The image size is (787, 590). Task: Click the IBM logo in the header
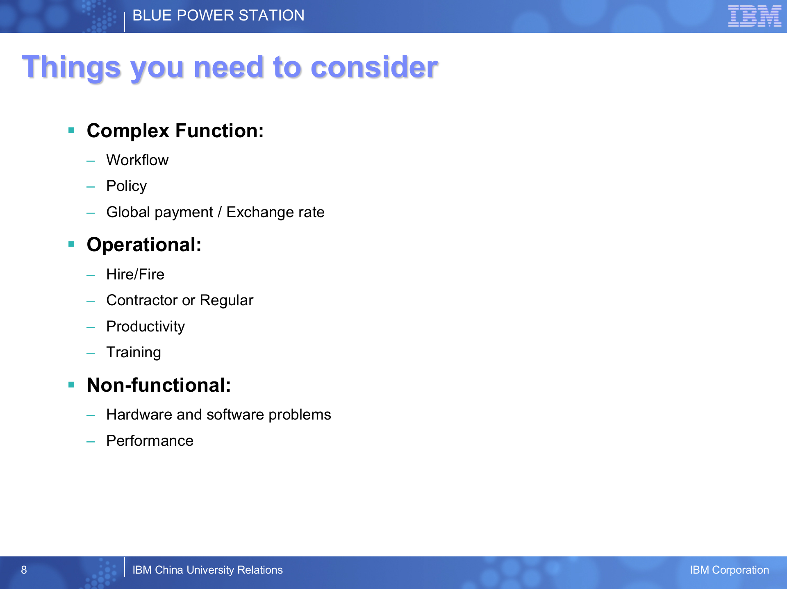tap(755, 16)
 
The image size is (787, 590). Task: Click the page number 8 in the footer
tap(24, 570)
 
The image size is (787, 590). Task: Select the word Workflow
tap(137, 160)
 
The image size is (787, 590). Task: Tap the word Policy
tap(126, 186)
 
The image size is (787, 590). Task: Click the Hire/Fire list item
tap(135, 275)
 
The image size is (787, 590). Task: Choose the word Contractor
tap(142, 300)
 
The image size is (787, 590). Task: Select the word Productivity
tap(146, 327)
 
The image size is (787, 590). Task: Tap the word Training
tap(134, 353)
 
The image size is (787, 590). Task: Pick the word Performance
tap(150, 441)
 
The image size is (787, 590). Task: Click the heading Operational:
tap(144, 245)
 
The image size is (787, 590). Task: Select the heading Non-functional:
tap(159, 386)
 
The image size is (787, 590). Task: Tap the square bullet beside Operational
tap(71, 244)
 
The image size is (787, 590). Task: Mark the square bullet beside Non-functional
tap(71, 385)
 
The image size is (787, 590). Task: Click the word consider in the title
tap(374, 67)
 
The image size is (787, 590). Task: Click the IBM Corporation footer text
tap(729, 570)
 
